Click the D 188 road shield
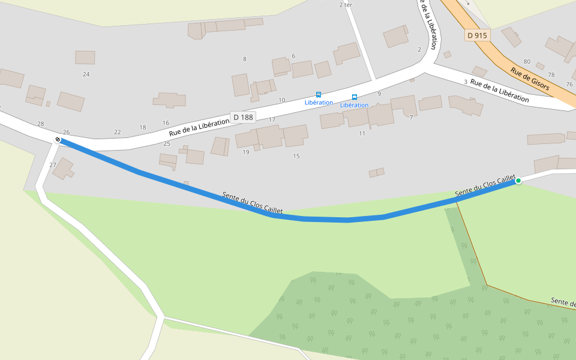243,117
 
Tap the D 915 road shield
477,35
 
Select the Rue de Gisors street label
530,78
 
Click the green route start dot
518,181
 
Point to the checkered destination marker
58,140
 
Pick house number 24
86,74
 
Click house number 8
244,59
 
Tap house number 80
527,62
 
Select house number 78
551,75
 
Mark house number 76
569,85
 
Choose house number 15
296,157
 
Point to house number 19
245,152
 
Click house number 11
362,133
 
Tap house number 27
53,165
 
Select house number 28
41,124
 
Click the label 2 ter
346,5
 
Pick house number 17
272,120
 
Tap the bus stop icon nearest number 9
355,97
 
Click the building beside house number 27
62,169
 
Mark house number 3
465,82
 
